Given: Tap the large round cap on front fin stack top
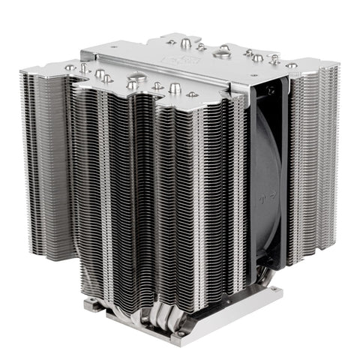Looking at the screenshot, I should [x=137, y=77].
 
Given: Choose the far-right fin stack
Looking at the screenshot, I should [x=315, y=157].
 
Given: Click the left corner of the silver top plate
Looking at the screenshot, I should [x=83, y=59].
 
